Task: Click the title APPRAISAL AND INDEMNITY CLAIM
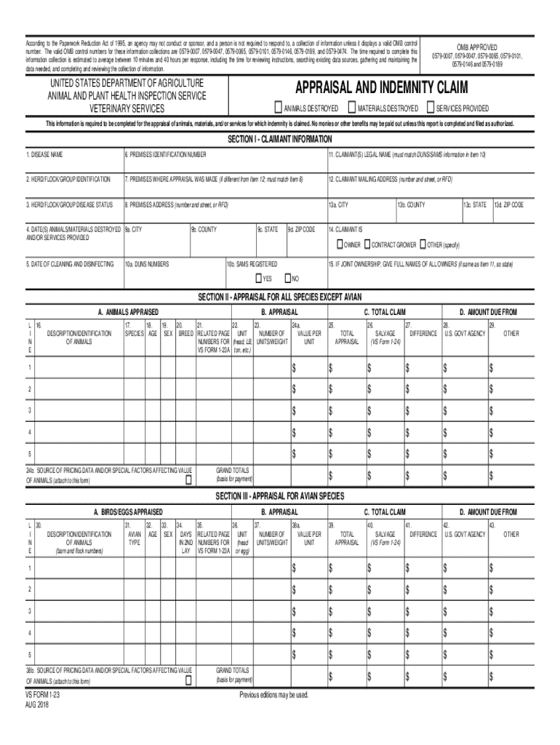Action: tap(380, 89)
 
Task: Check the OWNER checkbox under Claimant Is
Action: tap(340, 244)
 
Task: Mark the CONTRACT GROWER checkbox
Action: tap(367, 244)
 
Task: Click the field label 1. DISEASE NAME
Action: tap(45, 155)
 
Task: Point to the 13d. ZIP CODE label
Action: tap(508, 205)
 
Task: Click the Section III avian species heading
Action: tap(280, 495)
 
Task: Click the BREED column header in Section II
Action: tap(185, 333)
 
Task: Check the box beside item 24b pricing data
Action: tap(188, 480)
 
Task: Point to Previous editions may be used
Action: tap(274, 695)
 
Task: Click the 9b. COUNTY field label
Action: tap(204, 229)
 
